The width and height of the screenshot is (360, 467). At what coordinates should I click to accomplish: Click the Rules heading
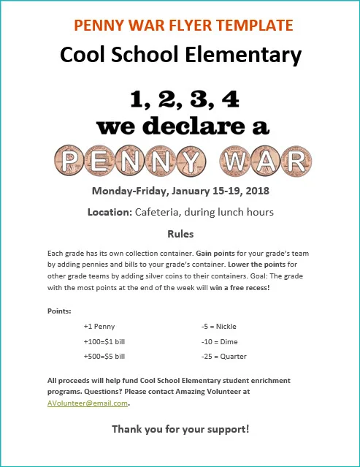coord(180,235)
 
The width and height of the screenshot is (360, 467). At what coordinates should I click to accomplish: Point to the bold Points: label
coord(59,311)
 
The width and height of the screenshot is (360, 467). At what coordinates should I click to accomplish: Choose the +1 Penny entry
coord(99,326)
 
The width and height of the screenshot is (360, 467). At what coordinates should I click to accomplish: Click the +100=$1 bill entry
coord(104,341)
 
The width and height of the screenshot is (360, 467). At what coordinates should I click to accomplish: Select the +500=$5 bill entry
coord(104,356)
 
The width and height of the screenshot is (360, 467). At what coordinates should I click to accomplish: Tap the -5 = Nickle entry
coord(218,326)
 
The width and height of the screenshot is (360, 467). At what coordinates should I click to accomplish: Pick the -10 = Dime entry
coord(219,341)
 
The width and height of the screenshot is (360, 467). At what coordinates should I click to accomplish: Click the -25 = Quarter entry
coord(223,356)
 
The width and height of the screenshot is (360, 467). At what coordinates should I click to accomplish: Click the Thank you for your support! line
coord(180,429)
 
